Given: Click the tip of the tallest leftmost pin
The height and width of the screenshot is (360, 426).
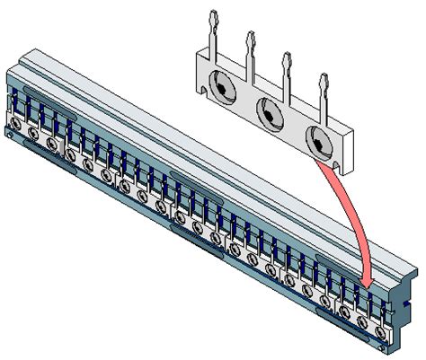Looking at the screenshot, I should pos(212,16).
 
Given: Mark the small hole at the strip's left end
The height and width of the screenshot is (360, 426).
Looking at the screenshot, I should pos(8,134).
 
